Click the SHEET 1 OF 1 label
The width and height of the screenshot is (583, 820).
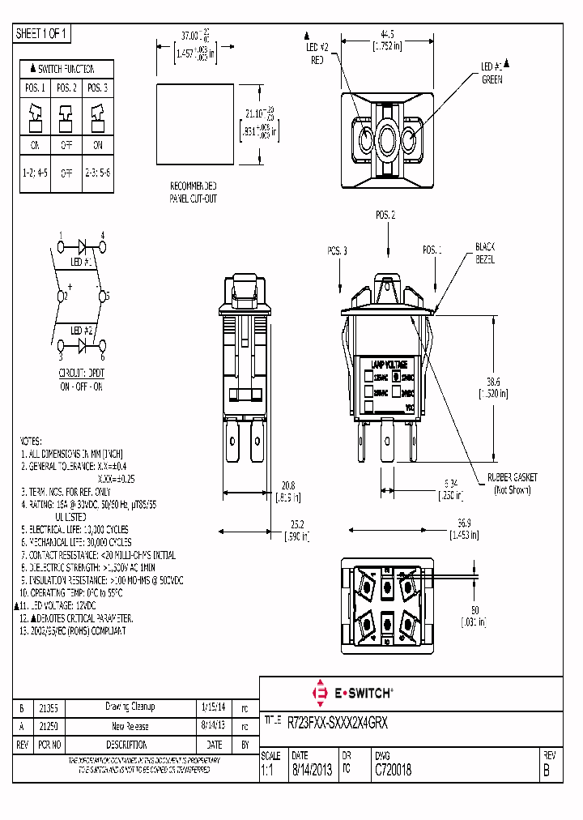tap(43, 34)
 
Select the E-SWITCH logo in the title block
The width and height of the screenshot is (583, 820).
tap(352, 693)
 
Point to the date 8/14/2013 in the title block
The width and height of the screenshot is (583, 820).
tap(310, 771)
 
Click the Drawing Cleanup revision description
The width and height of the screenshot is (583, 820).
tap(130, 707)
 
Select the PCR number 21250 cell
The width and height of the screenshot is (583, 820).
tap(51, 726)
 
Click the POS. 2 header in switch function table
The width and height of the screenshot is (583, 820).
tap(66, 88)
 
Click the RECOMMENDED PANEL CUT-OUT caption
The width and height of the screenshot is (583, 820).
tap(193, 191)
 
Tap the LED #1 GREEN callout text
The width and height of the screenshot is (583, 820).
tap(492, 73)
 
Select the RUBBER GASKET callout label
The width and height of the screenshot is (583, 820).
tap(512, 484)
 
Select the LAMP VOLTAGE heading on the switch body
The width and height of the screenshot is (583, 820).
tap(388, 365)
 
